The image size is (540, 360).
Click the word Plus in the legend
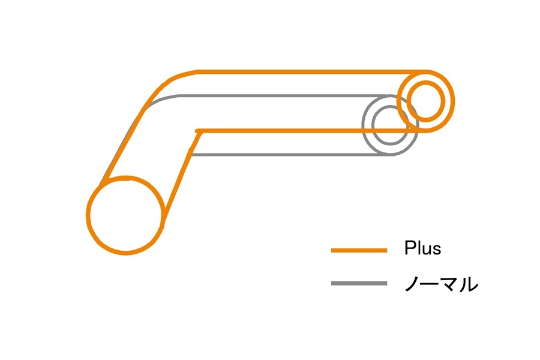pos(422,248)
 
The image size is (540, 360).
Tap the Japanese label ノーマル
pos(441,283)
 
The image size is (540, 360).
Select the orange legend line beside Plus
pos(359,250)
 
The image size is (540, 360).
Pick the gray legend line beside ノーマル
pos(359,283)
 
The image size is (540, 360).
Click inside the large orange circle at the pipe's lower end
pos(125,215)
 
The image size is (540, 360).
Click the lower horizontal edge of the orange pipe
pos(300,130)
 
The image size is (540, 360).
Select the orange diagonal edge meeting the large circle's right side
pos(179,180)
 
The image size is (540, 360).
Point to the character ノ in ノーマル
pos(413,283)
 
